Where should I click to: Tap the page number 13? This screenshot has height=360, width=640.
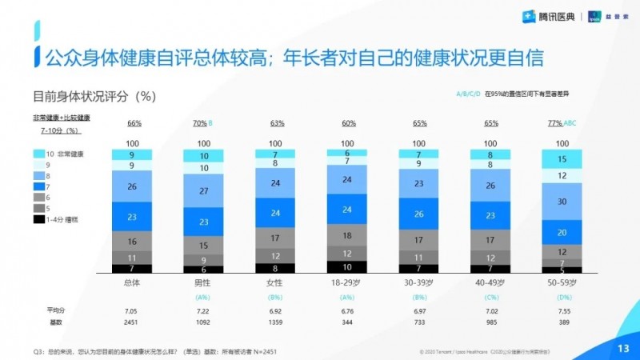tap(623, 346)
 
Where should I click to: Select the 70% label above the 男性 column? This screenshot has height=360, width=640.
tap(199, 124)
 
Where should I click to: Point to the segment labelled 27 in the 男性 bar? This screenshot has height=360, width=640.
tap(204, 191)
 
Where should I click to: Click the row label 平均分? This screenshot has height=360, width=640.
tap(54, 310)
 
